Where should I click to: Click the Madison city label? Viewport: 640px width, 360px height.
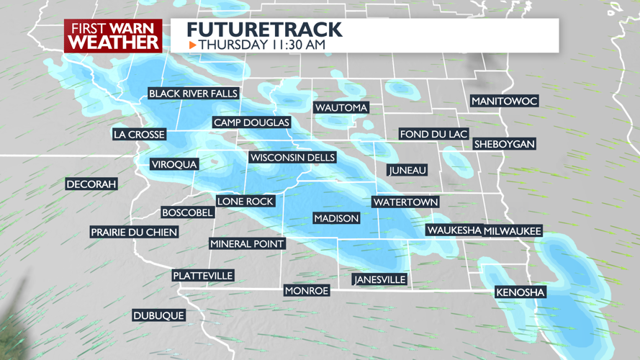(336, 218)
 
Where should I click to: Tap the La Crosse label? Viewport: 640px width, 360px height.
(140, 135)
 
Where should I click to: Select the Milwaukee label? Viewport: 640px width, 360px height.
(513, 231)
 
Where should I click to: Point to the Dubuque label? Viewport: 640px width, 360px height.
(159, 315)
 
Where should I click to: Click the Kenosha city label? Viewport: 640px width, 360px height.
(520, 292)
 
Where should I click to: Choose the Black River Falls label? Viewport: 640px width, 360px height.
(193, 94)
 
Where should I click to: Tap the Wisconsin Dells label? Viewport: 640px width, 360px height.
(292, 158)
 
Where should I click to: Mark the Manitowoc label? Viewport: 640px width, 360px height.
(504, 102)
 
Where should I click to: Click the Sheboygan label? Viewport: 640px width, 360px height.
(504, 144)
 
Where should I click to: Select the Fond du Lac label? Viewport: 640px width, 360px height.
(434, 135)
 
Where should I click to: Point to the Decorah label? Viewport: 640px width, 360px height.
(91, 184)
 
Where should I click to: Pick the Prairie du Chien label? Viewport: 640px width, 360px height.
(134, 232)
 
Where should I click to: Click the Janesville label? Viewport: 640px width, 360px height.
(380, 279)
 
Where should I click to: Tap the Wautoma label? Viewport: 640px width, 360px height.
(341, 108)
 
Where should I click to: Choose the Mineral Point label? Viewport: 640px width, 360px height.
(247, 244)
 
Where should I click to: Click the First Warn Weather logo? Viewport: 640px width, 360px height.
(113, 36)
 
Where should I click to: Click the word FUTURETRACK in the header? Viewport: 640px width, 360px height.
(264, 30)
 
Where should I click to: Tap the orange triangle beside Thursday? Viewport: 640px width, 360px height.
(192, 45)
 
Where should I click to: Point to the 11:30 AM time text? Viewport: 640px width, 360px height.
(297, 45)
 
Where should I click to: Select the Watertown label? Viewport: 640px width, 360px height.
(405, 202)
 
